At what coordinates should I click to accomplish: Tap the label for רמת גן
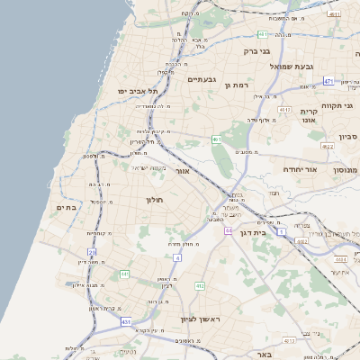236,85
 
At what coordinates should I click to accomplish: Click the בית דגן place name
256,231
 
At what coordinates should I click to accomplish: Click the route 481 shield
262,34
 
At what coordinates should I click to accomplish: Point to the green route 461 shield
217,139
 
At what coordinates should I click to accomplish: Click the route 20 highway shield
92,253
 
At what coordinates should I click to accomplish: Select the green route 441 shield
124,274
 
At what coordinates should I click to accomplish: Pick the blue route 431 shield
126,321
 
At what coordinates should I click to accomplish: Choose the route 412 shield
200,286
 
